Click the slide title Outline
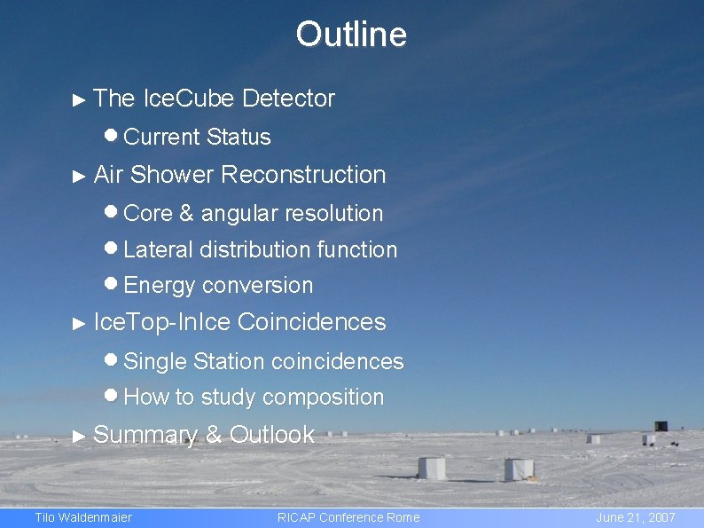pyautogui.click(x=351, y=35)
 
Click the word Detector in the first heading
pyautogui.click(x=288, y=99)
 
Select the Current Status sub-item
pyautogui.click(x=197, y=137)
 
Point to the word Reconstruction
pyautogui.click(x=303, y=175)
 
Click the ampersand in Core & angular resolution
pyautogui.click(x=186, y=214)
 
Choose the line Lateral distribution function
pyautogui.click(x=260, y=250)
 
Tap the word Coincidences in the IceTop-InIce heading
pyautogui.click(x=312, y=322)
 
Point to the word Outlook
pyautogui.click(x=272, y=435)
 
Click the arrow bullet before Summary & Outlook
pyautogui.click(x=80, y=437)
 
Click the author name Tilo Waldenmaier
pyautogui.click(x=82, y=517)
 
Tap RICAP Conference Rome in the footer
pyautogui.click(x=348, y=517)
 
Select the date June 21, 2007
pyautogui.click(x=636, y=517)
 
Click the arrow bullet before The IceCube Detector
pyautogui.click(x=80, y=100)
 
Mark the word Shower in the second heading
pyautogui.click(x=172, y=175)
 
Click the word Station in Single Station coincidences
pyautogui.click(x=229, y=362)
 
